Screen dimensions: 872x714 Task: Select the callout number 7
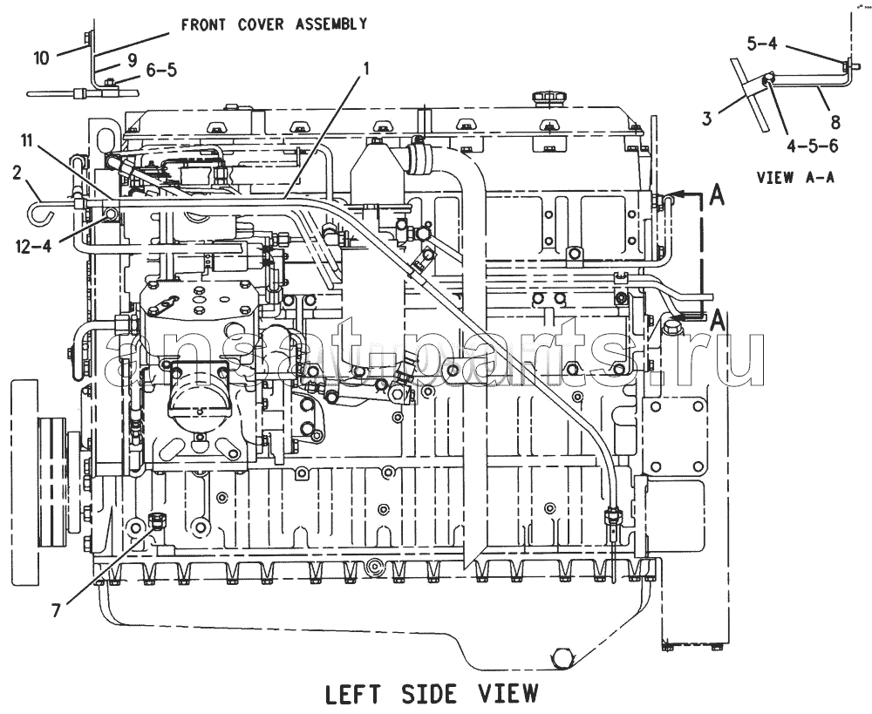coord(56,610)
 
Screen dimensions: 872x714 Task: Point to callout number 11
coord(28,140)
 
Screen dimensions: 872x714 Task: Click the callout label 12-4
coord(34,245)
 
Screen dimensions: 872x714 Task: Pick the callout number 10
coord(41,58)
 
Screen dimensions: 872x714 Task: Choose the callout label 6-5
coord(161,70)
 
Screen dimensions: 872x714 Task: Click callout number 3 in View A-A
coord(707,118)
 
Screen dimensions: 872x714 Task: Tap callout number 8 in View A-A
coord(835,121)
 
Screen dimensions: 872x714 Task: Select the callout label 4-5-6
coord(813,146)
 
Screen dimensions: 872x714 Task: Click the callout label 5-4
coord(762,44)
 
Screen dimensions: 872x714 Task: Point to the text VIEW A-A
coord(795,177)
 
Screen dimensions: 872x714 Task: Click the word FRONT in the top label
coord(201,24)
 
